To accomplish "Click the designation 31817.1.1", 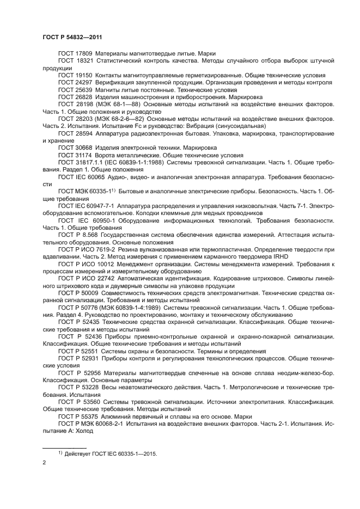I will pos(87,162).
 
